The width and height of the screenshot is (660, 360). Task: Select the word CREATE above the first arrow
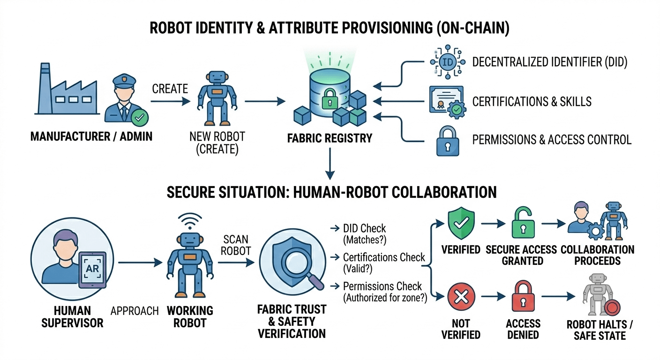(x=170, y=89)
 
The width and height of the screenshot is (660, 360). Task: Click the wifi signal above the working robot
(x=190, y=219)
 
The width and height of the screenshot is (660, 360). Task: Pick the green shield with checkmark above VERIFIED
(x=461, y=224)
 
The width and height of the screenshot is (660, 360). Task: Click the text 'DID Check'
(x=364, y=229)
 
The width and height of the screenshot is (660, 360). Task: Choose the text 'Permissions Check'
(x=382, y=286)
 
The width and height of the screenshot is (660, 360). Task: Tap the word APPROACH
(x=135, y=311)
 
